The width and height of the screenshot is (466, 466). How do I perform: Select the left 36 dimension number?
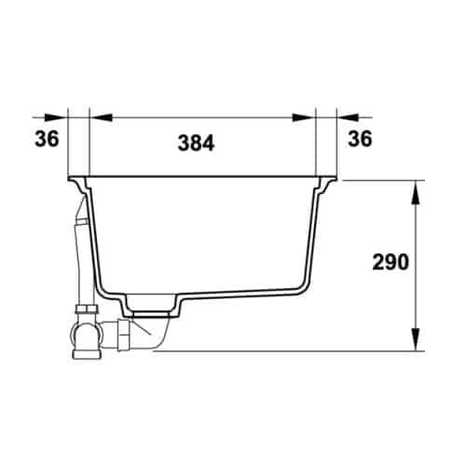pos(48,140)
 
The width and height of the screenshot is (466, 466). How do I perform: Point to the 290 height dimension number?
pos(389,263)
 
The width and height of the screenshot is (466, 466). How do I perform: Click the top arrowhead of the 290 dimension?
pos(414,188)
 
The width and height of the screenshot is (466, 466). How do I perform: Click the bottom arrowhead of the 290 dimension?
pos(414,342)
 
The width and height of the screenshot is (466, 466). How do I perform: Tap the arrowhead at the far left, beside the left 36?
pos(56,118)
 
